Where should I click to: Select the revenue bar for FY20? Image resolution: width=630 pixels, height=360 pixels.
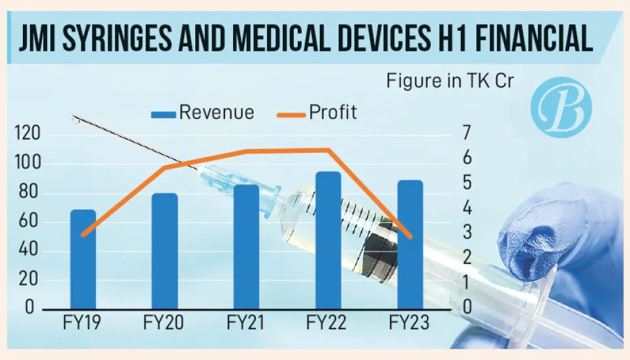click(x=165, y=252)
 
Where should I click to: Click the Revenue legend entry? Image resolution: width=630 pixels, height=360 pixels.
click(x=202, y=112)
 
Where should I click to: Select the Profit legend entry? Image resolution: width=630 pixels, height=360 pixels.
click(x=320, y=112)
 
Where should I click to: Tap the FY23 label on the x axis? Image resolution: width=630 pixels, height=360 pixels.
click(x=410, y=323)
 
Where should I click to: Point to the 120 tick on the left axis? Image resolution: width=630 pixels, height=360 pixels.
click(x=27, y=135)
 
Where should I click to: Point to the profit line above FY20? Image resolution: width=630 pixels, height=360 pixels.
click(x=165, y=167)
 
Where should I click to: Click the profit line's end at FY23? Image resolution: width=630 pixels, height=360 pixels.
click(x=410, y=237)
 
